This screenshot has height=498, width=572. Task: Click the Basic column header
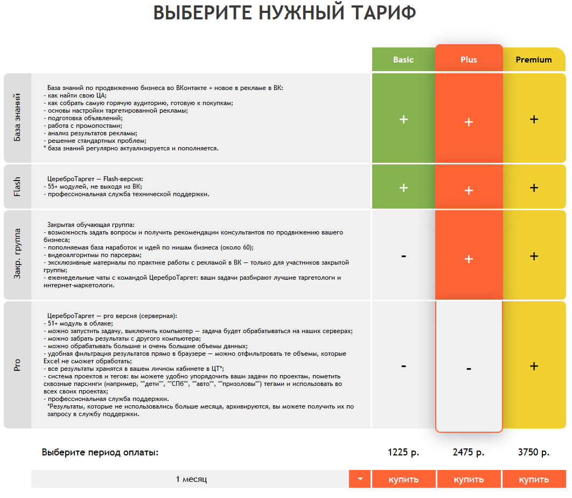pos(403,60)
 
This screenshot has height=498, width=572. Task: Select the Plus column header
pos(469,60)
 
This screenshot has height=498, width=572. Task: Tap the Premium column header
pos(534,60)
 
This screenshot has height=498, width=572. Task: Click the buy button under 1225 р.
pos(403,479)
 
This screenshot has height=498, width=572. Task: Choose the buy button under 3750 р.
pos(534,479)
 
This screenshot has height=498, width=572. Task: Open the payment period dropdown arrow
pos(360,479)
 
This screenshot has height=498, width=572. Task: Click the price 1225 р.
pos(403,453)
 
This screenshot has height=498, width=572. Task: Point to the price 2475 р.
pos(469,453)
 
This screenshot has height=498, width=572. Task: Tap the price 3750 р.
pos(534,453)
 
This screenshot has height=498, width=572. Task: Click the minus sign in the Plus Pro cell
pos(469,369)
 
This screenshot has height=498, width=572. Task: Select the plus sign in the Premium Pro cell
pos(534,366)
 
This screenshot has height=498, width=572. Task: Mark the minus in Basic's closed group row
pos(403,256)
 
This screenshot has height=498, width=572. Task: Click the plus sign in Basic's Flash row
pos(403,188)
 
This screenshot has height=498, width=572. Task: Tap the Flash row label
pos(17,187)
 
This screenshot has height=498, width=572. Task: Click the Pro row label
pos(17,365)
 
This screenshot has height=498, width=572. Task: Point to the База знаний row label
pos(17,117)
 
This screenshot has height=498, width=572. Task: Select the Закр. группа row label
pos(17,255)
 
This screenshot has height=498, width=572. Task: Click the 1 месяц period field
pos(191,479)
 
